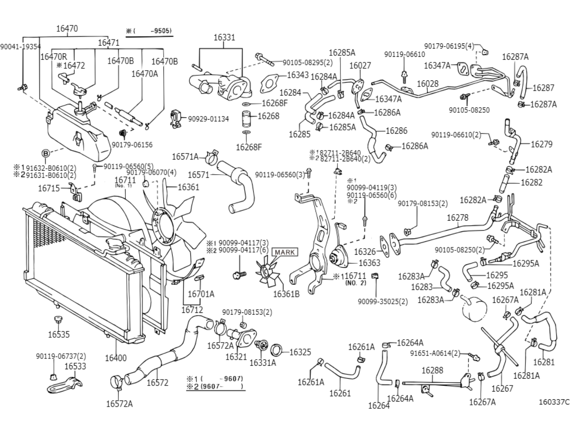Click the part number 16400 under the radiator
click(x=116, y=358)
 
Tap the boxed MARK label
click(x=285, y=252)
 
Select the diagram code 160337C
click(x=554, y=402)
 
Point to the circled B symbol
click(x=46, y=154)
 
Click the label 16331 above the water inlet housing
click(x=224, y=37)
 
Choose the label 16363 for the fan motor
click(x=369, y=263)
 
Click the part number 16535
click(x=59, y=334)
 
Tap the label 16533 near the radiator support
click(x=75, y=366)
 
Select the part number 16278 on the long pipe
click(x=457, y=218)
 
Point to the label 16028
click(x=428, y=84)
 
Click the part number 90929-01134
click(x=208, y=119)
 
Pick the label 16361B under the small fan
click(x=286, y=294)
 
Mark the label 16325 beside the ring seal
click(x=300, y=352)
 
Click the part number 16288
click(x=432, y=370)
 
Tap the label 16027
click(x=360, y=65)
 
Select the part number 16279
click(x=542, y=144)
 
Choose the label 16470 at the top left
click(x=67, y=28)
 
